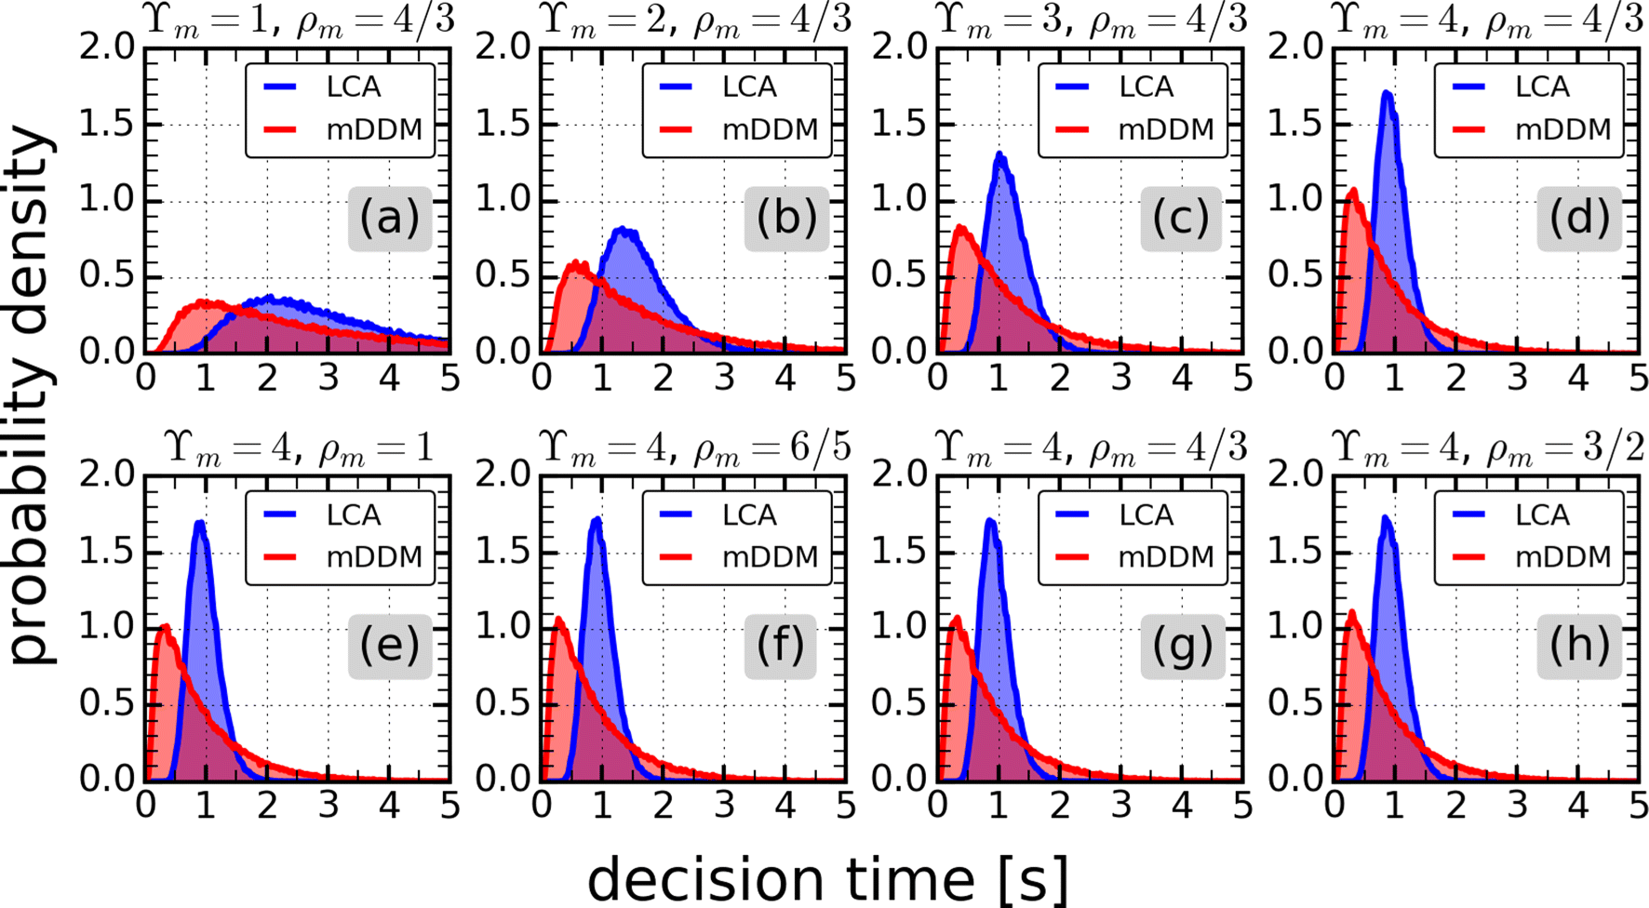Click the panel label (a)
pos(389,219)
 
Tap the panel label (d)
pos(1578,219)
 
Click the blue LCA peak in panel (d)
pos(1387,93)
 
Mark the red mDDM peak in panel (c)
pos(960,227)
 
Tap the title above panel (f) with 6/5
pos(696,447)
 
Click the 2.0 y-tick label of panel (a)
pos(106,47)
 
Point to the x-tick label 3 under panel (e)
pos(328,805)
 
